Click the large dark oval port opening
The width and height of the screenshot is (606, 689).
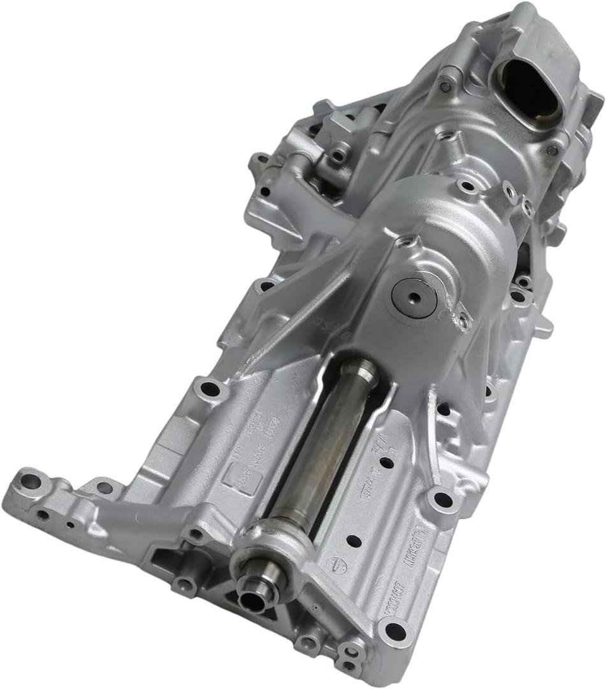(528, 93)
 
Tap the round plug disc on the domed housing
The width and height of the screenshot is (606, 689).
(415, 297)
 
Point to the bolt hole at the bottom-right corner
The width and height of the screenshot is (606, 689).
(395, 632)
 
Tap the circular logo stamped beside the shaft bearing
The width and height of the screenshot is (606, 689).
(333, 563)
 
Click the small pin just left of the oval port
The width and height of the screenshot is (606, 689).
(446, 85)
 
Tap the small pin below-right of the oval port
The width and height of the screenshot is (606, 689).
(552, 150)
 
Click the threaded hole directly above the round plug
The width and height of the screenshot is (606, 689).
(405, 242)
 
